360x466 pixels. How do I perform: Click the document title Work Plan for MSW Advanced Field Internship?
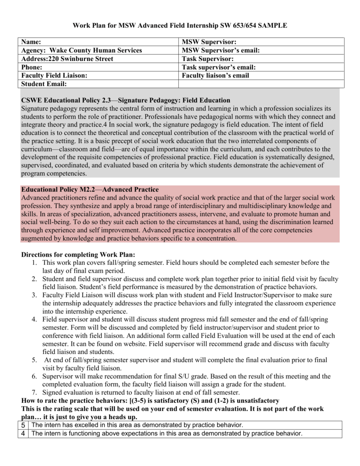pyautogui.click(x=180, y=25)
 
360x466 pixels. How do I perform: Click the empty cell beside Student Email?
pyautogui.click(x=261, y=84)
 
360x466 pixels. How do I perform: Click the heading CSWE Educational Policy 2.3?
pyautogui.click(x=126, y=100)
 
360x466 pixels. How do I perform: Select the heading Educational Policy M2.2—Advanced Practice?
pyautogui.click(x=90, y=189)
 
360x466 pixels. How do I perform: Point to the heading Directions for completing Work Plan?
pyautogui.click(x=78, y=254)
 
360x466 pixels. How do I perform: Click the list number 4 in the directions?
pyautogui.click(x=34, y=319)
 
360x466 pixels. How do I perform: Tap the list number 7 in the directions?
pyautogui.click(x=34, y=392)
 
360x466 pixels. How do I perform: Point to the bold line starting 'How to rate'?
pyautogui.click(x=150, y=400)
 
